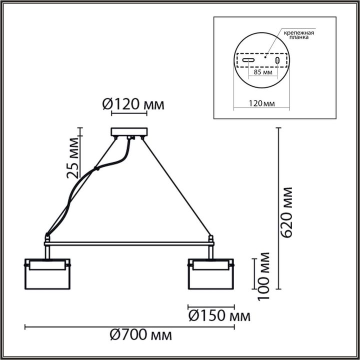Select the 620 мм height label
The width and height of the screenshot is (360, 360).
coord(287,213)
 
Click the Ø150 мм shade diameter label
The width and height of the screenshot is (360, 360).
coord(219,316)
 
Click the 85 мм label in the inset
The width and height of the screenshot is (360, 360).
coord(263,72)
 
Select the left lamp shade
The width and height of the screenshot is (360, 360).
coord(47,273)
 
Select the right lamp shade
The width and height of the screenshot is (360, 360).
coord(210,273)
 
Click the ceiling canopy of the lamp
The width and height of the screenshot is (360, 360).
coord(130,132)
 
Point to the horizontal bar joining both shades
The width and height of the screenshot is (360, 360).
coord(130,243)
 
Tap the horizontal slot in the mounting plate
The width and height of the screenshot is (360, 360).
coord(248,60)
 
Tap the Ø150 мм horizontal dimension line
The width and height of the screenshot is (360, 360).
coord(210,306)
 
